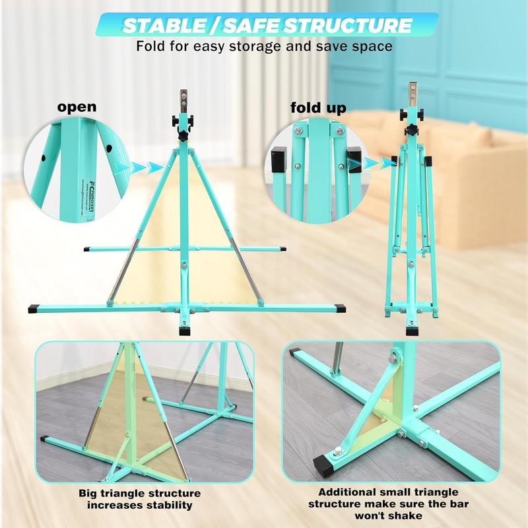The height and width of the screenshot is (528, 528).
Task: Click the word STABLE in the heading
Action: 164,26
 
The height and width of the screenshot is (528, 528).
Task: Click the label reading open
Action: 77,106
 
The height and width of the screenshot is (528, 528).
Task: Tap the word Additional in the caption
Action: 350,492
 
